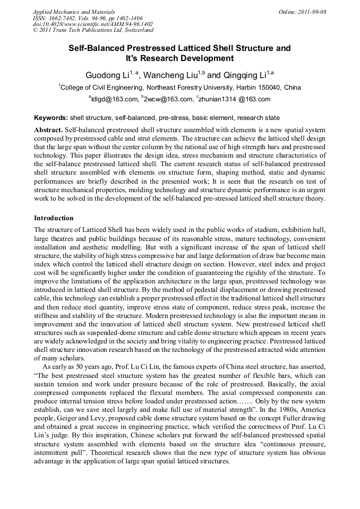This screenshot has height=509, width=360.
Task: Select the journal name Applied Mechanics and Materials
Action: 73,12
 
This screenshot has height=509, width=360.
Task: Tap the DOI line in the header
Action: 92,24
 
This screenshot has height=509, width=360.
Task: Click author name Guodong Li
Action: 107,74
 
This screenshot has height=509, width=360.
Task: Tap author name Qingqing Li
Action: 243,74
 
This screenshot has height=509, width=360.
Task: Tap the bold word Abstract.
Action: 48,130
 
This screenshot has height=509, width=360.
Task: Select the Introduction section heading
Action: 54,218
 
